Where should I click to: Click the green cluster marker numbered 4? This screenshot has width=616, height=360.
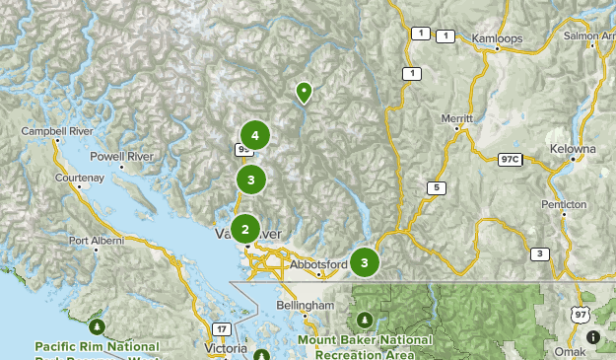(x=255, y=135)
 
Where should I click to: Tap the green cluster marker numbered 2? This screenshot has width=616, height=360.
(x=244, y=229)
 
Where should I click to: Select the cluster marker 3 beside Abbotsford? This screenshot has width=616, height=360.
(x=365, y=262)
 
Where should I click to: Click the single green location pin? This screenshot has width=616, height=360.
(x=305, y=93)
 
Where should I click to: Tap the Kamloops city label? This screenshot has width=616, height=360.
(x=497, y=38)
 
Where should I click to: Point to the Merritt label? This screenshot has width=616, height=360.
(x=457, y=117)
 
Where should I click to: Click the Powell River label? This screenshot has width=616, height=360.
(x=121, y=156)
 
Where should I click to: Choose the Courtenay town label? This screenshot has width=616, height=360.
(x=80, y=179)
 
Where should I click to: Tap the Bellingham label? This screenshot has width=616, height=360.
(x=306, y=306)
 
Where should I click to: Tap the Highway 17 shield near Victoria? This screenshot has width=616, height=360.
(x=223, y=327)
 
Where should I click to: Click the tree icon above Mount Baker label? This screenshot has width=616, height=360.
(x=365, y=320)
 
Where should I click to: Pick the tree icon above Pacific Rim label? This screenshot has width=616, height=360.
(x=97, y=325)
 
